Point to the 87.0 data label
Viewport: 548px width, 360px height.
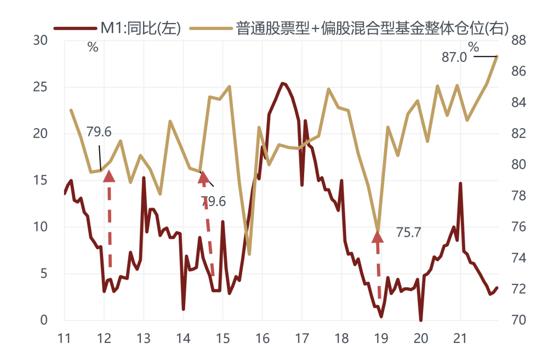coord(454,57)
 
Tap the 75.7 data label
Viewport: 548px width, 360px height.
coord(408,232)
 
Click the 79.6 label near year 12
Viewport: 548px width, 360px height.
coord(99,132)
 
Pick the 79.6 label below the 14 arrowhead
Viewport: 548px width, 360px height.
coord(213,202)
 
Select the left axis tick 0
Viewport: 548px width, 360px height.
coord(44,320)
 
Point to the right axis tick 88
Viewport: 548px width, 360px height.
coord(518,41)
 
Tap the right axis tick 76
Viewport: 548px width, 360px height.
coord(518,227)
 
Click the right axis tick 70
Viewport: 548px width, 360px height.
coord(518,320)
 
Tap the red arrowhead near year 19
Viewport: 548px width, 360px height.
coord(378,237)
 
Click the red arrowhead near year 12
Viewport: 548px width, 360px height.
coord(109,176)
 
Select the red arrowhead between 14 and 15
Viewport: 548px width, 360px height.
coord(204,176)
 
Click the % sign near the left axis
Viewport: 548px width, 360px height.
coord(93,47)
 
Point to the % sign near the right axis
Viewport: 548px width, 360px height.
coord(473,46)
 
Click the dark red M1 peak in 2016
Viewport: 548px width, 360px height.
coord(282,84)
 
